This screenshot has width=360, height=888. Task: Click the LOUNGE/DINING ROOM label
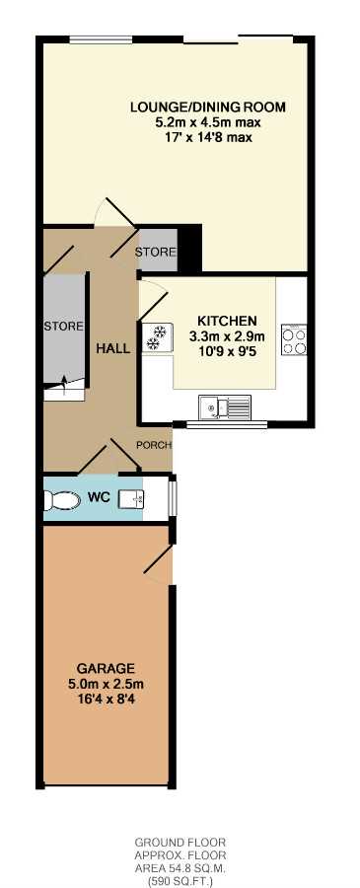point(208,107)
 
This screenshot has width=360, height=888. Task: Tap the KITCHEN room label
point(227,320)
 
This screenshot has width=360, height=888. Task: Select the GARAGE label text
point(107,667)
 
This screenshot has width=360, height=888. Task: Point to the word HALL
point(112,348)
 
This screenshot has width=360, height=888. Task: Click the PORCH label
point(154,445)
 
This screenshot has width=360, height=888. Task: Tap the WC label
point(97,498)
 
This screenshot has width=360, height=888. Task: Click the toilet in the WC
point(62,500)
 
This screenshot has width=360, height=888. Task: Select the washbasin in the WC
point(131,499)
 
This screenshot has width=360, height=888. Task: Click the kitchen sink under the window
point(225,407)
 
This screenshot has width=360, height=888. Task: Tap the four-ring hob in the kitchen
point(294,339)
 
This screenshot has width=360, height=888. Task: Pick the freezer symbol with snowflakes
point(154,337)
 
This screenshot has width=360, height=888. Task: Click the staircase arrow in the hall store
point(64,384)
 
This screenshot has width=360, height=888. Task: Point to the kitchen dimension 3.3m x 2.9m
point(227,335)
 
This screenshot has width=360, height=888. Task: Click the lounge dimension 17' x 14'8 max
point(208,137)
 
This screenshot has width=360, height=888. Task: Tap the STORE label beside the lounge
point(156,252)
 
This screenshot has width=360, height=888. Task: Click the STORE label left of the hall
point(64,327)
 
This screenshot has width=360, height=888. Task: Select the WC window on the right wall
point(173,498)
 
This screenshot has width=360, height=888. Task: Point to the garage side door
point(158,561)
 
